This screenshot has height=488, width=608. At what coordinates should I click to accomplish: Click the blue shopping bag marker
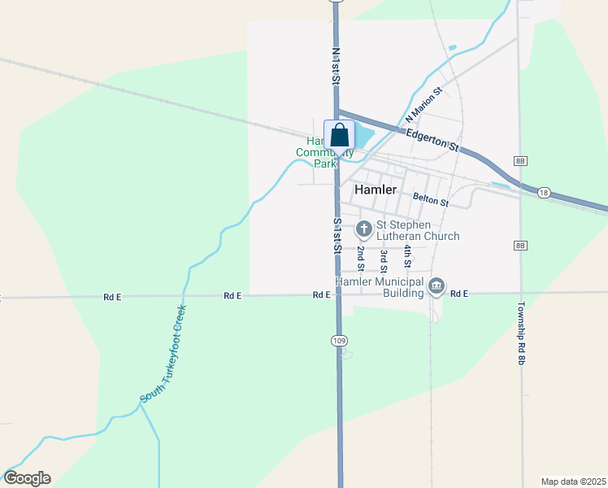340,135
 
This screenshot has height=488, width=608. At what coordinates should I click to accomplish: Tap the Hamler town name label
376,190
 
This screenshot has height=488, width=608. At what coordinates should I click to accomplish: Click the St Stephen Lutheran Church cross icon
363,225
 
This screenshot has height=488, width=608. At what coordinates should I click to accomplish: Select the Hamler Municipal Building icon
436,285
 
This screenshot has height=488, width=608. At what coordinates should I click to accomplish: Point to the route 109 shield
339,340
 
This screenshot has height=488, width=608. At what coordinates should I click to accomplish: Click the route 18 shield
544,192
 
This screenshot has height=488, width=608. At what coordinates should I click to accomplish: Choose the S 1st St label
336,236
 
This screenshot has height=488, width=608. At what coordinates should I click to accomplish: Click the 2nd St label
360,259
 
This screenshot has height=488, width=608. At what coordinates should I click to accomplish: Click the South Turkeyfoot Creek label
163,354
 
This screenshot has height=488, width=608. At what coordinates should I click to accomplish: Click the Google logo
27,478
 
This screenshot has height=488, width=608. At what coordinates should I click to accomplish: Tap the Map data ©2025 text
574,481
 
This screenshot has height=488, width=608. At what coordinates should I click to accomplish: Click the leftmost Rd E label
112,297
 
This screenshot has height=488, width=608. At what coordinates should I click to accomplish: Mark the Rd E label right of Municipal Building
460,294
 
